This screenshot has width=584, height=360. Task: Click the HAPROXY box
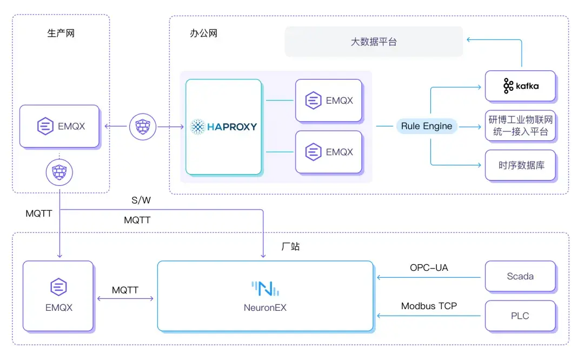coord(223,127)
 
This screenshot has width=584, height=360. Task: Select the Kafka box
coord(520,86)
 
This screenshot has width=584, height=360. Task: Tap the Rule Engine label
coord(427,126)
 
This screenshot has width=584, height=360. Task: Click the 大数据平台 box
coord(374,42)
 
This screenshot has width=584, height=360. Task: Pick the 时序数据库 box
coord(520,165)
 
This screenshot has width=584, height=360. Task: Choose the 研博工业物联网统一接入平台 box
coord(520,125)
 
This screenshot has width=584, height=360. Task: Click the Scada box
coord(520,276)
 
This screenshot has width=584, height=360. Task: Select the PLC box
coord(520,316)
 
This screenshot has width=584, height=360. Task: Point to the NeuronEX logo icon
coord(265,289)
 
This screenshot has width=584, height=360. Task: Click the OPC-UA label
coord(429,268)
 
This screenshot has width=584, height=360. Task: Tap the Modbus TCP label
coord(429,306)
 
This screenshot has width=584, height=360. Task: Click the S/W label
coord(141,201)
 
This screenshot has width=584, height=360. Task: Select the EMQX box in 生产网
coord(59,126)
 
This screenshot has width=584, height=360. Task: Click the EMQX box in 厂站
coord(58,296)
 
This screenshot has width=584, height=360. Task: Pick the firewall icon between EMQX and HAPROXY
coord(142,127)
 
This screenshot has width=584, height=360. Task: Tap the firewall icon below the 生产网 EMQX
coord(59,172)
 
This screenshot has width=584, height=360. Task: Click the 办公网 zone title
coord(203,34)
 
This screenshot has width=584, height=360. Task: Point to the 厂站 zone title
coord(290,246)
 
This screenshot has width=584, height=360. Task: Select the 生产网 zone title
coord(61,34)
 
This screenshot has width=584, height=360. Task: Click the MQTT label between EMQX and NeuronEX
coord(125,290)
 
